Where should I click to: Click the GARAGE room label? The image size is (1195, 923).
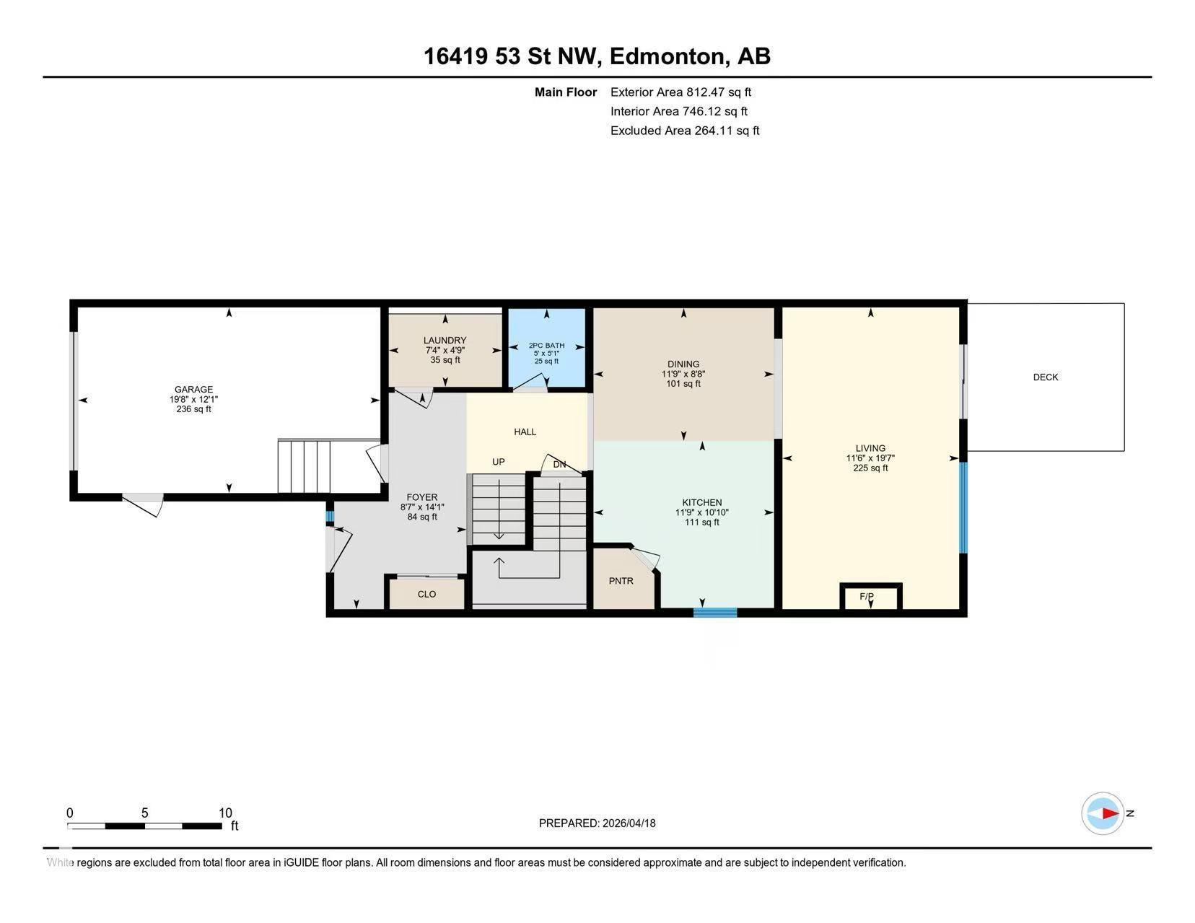point(193,390)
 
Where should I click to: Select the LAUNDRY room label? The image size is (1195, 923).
point(445,341)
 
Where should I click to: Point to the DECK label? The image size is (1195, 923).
point(1045,377)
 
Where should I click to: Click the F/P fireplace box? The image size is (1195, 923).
point(870,597)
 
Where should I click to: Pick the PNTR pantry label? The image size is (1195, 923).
point(621,581)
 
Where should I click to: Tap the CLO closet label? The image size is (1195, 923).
point(426,595)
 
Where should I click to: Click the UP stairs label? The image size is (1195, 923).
point(498,462)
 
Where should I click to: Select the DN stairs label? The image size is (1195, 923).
point(559,465)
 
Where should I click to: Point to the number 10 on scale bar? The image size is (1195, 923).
point(225,813)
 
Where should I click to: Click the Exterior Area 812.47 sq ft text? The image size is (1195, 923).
point(680,92)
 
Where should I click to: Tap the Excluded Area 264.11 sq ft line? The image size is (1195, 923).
point(684,131)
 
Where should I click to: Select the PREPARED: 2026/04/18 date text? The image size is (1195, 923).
point(597,823)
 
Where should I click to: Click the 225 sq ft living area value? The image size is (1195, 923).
point(870,468)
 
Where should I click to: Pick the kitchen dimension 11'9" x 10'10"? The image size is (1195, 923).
point(701,513)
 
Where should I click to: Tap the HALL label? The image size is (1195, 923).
point(525,432)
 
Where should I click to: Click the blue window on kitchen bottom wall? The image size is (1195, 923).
point(714,613)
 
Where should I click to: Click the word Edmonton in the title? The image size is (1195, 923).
point(667,56)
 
